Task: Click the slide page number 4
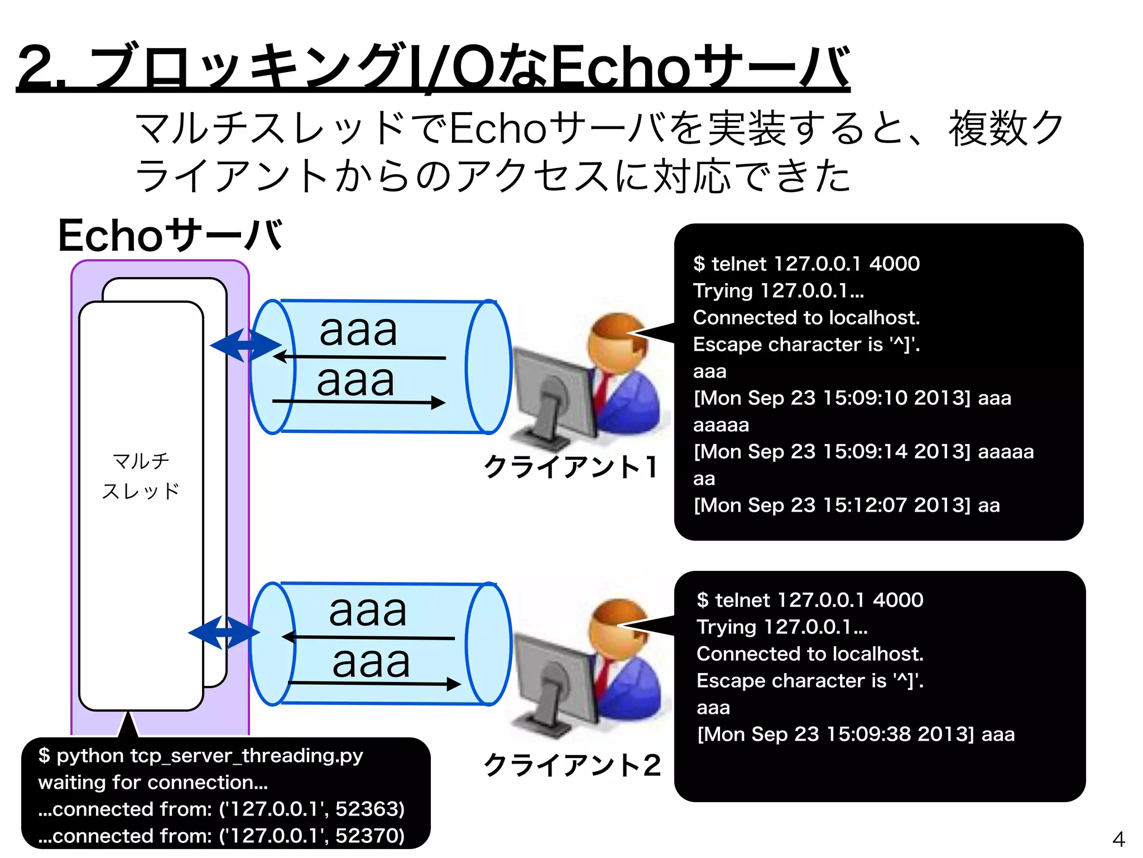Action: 1118,839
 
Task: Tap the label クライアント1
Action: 570,467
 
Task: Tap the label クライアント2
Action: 572,765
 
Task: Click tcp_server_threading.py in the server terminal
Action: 246,756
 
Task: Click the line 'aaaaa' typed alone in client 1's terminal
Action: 721,425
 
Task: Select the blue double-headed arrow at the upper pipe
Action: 246,345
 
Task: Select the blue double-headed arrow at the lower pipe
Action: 224,633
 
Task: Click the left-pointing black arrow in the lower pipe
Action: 368,637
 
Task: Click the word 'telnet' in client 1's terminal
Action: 738,264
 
